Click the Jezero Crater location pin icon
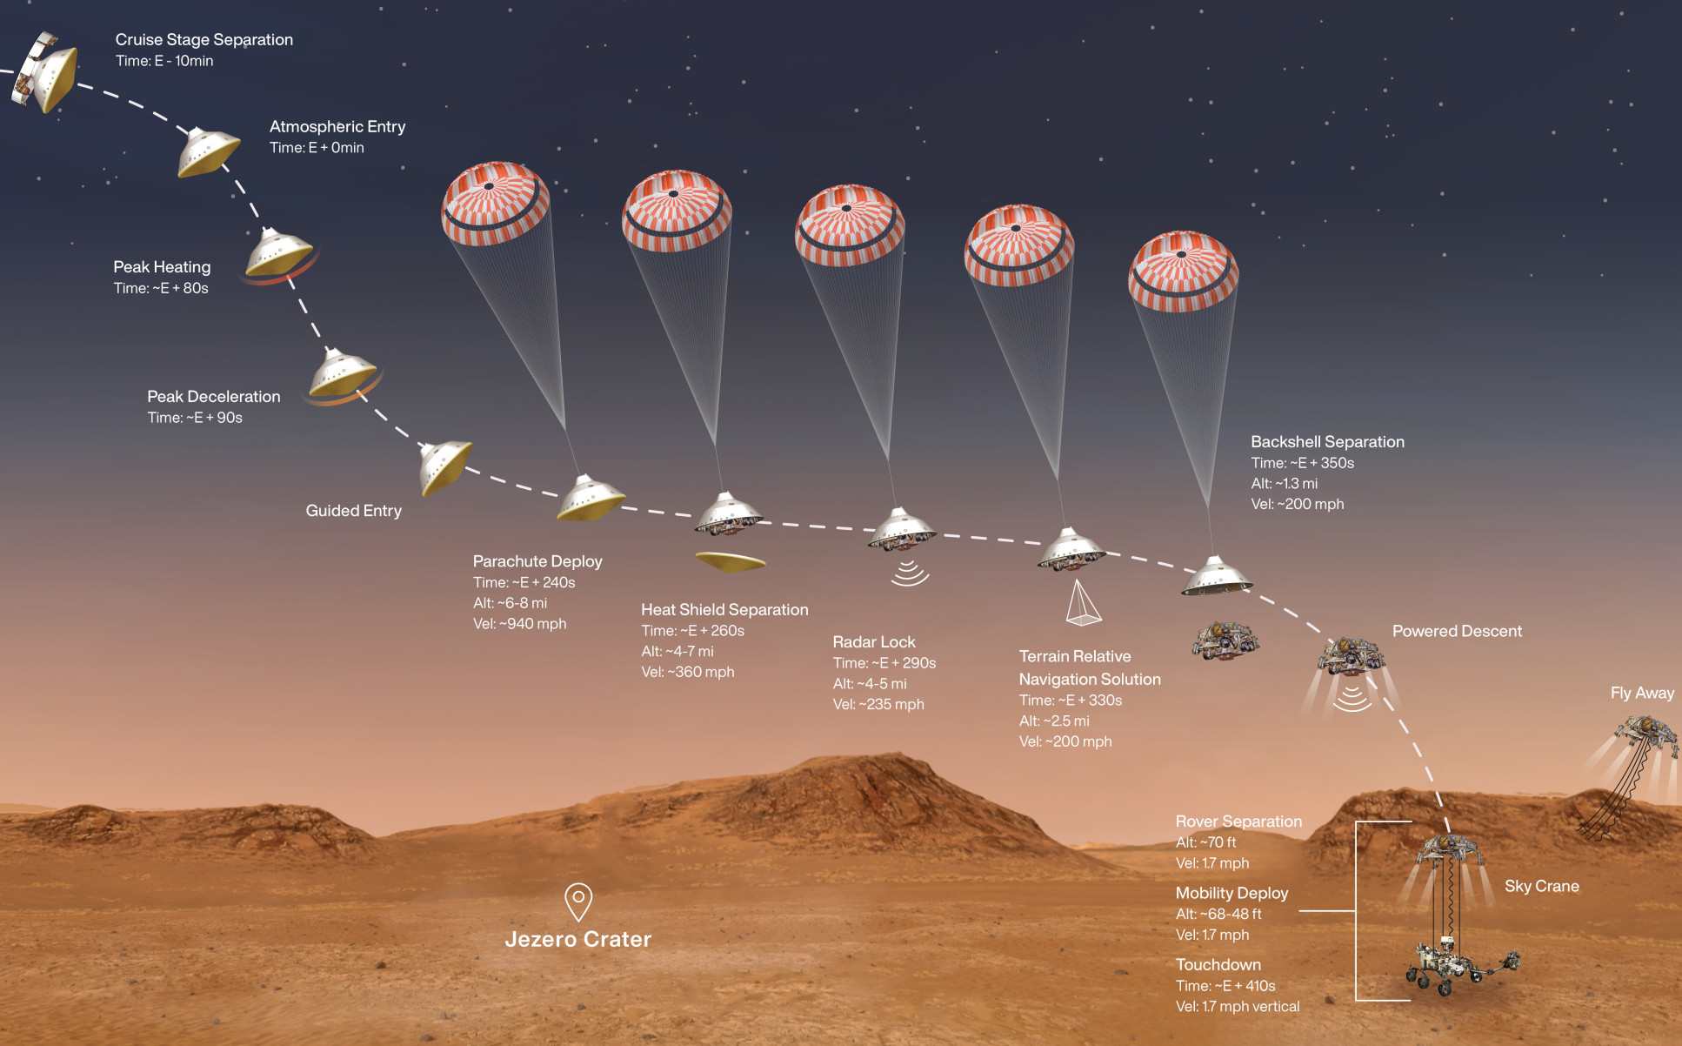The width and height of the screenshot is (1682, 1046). [x=578, y=901]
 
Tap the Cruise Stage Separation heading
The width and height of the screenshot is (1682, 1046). [x=204, y=40]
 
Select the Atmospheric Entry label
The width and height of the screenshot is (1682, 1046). [x=337, y=127]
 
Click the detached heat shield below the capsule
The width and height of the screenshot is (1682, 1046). [x=731, y=562]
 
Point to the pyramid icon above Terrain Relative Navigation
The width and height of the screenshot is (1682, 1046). [x=1082, y=603]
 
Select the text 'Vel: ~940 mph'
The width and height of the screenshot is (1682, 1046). [x=519, y=624]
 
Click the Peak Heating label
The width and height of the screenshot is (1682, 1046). [x=162, y=267]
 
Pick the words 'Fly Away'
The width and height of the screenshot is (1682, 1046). [x=1642, y=694]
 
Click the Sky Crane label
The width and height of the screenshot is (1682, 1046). [x=1541, y=887]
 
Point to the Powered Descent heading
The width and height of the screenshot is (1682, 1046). [x=1457, y=632]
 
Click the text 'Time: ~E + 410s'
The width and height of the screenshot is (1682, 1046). [x=1225, y=986]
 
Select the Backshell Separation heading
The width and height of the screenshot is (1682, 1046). [x=1327, y=442]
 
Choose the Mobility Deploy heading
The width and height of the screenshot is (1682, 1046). [x=1231, y=894]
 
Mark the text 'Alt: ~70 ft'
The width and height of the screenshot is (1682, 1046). [x=1205, y=842]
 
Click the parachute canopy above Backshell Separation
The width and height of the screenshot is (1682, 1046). [x=1183, y=271]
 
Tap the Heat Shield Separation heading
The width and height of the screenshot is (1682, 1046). [x=724, y=610]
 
